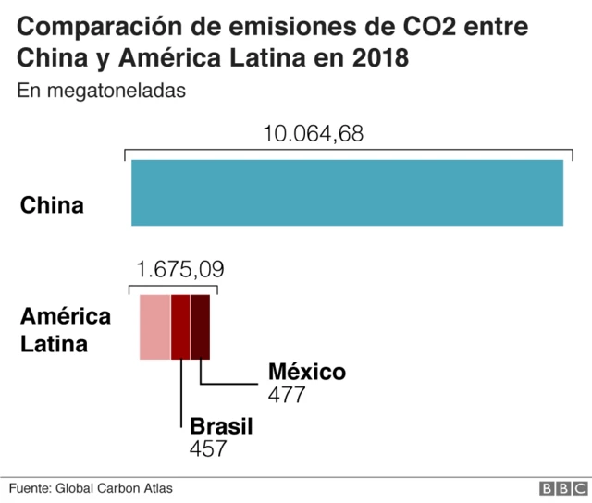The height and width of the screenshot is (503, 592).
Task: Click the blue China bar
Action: [347, 192]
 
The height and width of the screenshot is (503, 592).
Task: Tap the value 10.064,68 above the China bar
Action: [314, 134]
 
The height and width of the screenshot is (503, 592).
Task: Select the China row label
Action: [52, 205]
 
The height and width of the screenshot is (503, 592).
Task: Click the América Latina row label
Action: [66, 330]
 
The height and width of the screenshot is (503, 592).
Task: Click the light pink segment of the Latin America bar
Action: [154, 327]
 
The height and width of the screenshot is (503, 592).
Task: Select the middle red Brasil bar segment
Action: [180, 327]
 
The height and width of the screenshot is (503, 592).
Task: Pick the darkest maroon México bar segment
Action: [201, 327]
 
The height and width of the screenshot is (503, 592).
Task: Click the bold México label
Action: [306, 372]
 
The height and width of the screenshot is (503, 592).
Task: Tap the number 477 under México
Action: [287, 395]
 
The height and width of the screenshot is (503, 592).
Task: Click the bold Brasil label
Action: [221, 426]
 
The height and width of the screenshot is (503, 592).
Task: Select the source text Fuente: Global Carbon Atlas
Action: [91, 488]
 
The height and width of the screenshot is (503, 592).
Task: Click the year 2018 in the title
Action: [376, 58]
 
